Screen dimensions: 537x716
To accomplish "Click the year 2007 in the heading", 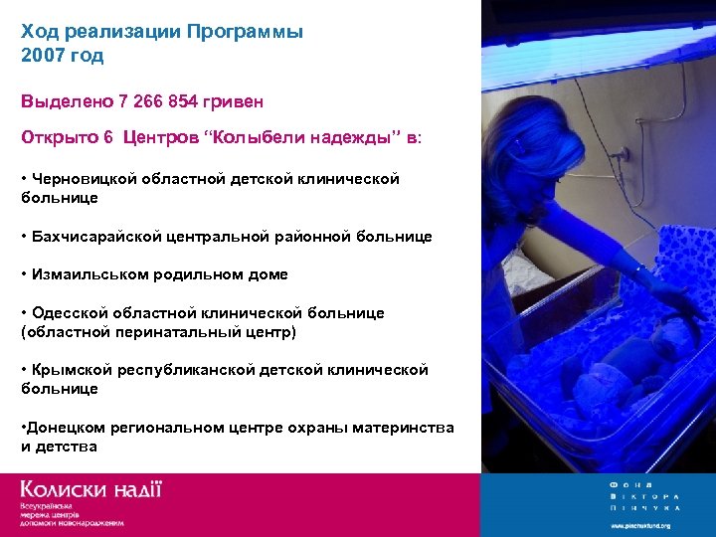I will pos(41,56).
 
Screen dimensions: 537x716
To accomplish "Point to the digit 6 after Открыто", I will pos(107,139).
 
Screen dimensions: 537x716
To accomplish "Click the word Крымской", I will pos(72,369).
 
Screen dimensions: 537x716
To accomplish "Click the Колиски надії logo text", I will pos(90,489).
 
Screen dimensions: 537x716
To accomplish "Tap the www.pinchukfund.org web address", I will pos(640,525).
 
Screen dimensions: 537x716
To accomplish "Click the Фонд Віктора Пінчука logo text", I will pos(643,495).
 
